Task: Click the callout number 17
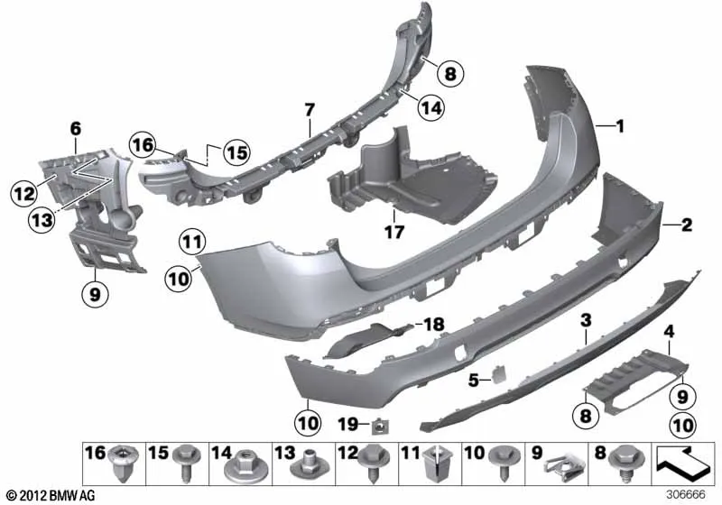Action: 394,232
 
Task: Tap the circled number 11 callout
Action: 192,243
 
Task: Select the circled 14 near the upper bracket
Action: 431,107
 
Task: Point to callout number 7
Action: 310,110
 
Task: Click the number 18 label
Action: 433,325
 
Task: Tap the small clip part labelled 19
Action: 378,427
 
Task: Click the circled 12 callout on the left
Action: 24,194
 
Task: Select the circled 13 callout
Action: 42,219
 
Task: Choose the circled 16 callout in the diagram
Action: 143,144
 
